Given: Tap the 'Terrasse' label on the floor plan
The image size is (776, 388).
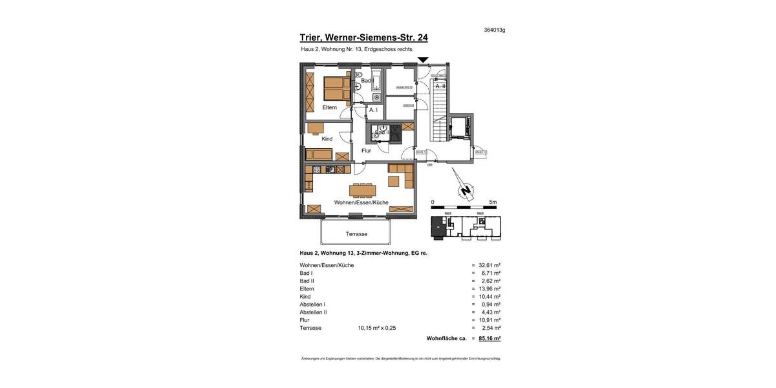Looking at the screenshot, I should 356,234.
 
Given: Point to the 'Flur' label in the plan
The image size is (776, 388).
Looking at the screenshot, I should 366,151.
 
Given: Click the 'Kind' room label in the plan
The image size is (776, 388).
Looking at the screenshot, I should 327,139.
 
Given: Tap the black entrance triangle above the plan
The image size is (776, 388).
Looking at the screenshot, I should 423,60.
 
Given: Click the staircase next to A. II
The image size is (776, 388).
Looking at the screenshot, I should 439,110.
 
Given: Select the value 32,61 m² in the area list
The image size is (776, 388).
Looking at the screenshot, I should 490,265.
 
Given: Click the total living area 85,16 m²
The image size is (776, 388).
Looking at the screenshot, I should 490,338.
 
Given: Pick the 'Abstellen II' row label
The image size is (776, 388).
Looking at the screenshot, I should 313,312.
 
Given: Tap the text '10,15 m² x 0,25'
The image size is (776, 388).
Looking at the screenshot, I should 376,328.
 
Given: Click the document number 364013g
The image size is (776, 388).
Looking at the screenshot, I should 494,30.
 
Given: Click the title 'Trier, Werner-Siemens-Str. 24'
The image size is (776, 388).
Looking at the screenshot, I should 363,38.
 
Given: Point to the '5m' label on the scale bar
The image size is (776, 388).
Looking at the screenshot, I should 493,202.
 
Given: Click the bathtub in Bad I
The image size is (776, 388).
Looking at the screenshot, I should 376,83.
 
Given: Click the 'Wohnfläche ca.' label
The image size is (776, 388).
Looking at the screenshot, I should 446,338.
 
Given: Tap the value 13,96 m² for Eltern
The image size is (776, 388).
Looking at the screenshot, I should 490,288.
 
